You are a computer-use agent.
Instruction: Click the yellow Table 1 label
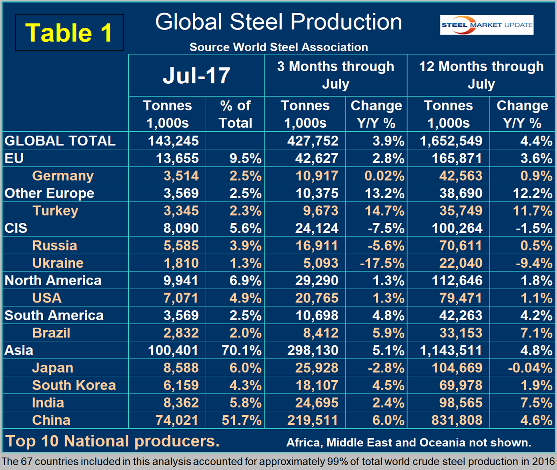pos(69,32)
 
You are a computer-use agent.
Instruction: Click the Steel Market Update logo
pos(486,25)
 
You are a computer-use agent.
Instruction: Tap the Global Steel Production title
pos(278,22)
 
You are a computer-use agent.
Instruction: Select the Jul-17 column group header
pos(196,75)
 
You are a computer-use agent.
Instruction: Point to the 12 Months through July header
pos(481,75)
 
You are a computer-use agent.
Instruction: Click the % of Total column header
pos(235,114)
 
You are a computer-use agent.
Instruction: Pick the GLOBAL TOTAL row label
pos(60,141)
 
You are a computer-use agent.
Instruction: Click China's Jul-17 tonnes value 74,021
pos(176,420)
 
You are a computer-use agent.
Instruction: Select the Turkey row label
pos(55,211)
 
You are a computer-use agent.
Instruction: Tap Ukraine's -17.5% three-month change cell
pos(382,263)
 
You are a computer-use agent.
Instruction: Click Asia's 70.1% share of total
pos(241,351)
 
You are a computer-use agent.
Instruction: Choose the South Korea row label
pos(74,385)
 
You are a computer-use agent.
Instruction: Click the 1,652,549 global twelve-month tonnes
pos(451,141)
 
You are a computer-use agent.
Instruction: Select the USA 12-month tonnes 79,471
pos(461,298)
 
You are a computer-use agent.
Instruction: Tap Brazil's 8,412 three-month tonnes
pos(317,333)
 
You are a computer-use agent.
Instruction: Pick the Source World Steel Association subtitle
pos(278,47)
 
